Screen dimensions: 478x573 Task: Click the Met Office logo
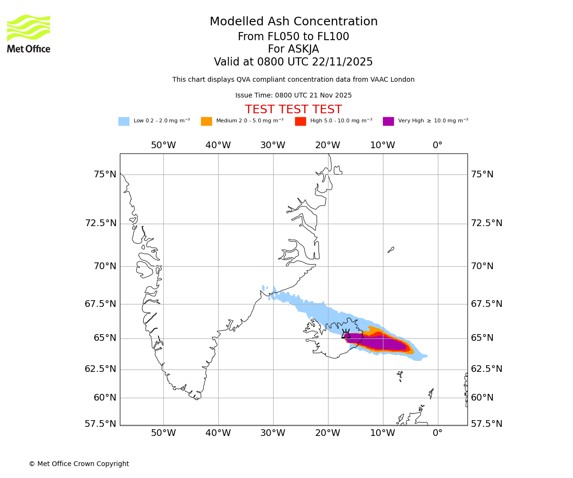pos(29,33)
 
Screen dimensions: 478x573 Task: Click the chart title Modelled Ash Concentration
pos(293,22)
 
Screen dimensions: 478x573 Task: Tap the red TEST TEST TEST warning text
pos(293,109)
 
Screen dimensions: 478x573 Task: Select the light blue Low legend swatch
pos(124,121)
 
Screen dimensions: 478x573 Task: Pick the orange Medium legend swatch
pos(206,121)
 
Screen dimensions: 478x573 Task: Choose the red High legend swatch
pos(300,121)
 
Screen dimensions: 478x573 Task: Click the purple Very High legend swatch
pos(388,121)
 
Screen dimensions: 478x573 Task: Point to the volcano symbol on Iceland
pos(346,334)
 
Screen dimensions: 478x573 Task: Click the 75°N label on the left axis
pos(105,174)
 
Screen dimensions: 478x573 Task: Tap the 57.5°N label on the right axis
pos(487,424)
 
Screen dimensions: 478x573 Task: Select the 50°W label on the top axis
pos(163,145)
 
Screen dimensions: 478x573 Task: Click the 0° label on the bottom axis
pos(437,433)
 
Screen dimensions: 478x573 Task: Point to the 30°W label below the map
pos(273,433)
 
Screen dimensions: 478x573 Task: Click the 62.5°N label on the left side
pos(100,369)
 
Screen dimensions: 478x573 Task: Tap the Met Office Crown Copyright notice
pos(79,464)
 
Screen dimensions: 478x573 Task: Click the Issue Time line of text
pos(293,96)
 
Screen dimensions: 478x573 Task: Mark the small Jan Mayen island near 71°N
pos(391,250)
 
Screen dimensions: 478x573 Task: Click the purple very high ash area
pos(382,343)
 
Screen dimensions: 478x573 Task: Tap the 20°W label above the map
pos(328,145)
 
